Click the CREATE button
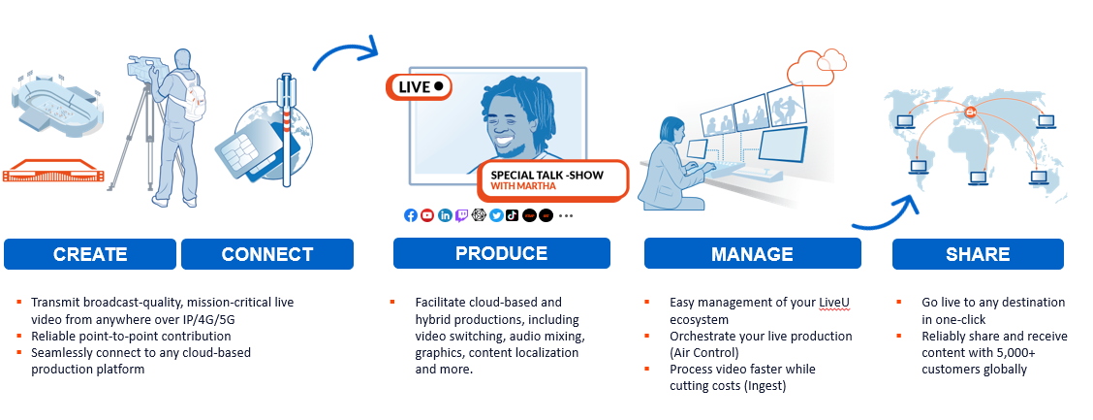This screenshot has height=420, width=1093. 90,254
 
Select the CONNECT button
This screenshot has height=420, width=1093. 267,254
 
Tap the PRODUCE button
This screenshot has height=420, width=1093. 501,252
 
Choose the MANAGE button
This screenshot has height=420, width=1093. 752,253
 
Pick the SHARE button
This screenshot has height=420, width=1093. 978,254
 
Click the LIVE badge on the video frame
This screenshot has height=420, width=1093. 420,86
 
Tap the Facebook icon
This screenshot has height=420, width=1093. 411,215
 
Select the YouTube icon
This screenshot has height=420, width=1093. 427,215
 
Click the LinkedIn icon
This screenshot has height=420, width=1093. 445,215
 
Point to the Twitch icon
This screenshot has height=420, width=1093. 461,215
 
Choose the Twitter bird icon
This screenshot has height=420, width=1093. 495,215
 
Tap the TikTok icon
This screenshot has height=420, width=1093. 513,215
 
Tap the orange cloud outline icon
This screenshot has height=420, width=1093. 816,66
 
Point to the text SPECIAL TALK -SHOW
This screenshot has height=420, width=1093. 547,175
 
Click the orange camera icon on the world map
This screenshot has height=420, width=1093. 970,113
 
